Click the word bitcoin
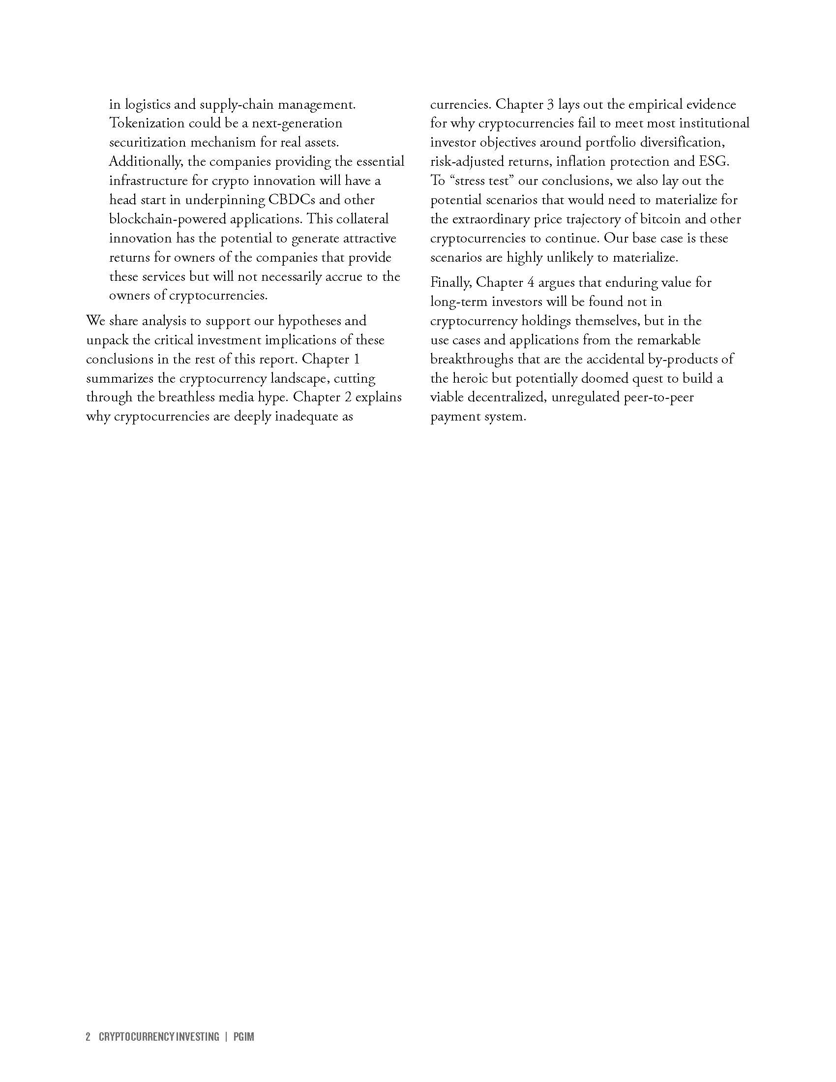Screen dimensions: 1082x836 tap(678, 219)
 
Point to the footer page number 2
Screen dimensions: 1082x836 tap(88, 1036)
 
